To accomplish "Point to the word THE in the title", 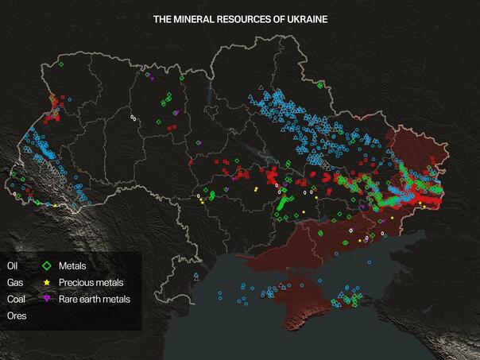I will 164,18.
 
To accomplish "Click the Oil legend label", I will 12,265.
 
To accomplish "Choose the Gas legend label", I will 14,282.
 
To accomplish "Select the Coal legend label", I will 16,299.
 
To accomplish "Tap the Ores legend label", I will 16,315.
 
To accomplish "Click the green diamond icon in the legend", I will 47,265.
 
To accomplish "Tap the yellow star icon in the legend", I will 47,282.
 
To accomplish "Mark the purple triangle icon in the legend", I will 47,299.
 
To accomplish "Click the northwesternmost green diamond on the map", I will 60,64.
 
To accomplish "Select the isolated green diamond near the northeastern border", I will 320,85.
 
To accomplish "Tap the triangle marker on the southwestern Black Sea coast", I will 196,276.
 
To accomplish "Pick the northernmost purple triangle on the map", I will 148,75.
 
